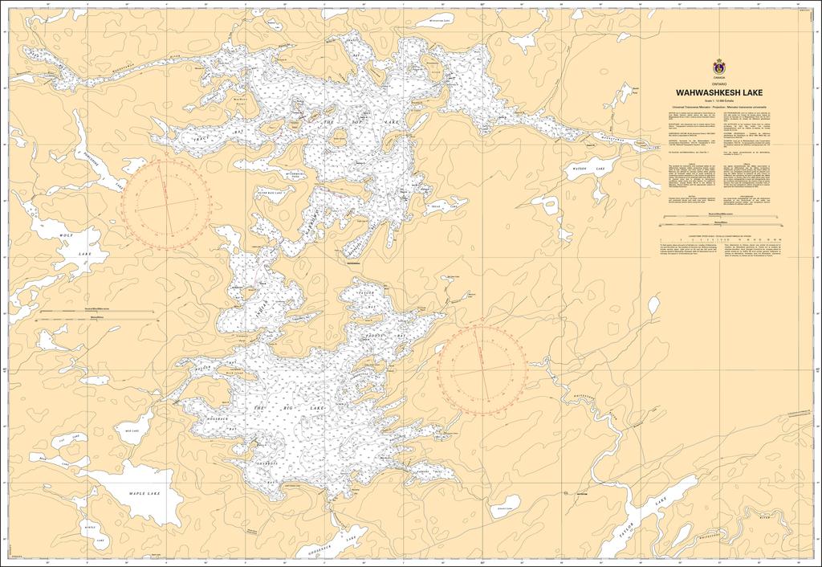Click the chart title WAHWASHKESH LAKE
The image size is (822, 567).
pyautogui.click(x=718, y=92)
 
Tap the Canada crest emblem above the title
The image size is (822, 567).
pyautogui.click(x=718, y=67)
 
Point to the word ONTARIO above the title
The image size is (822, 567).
pyautogui.click(x=718, y=84)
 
